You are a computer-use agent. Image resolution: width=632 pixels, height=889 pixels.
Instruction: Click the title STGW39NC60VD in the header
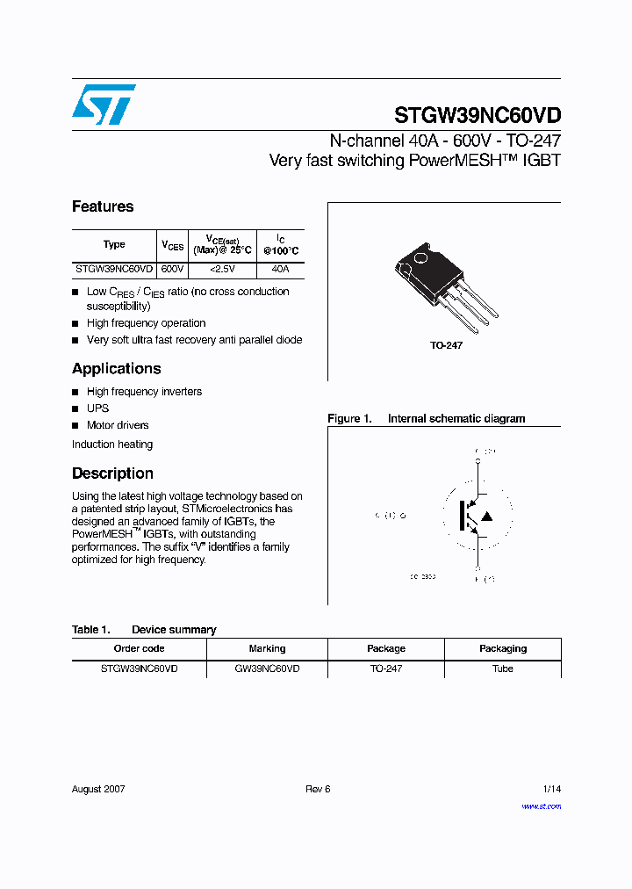point(477,115)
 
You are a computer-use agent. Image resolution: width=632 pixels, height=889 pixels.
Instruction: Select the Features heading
point(103,206)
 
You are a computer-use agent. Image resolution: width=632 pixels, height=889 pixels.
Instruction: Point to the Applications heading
point(116,369)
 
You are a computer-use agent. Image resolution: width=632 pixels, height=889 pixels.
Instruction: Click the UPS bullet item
point(97,408)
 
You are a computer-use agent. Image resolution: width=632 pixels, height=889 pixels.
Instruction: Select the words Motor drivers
point(118,425)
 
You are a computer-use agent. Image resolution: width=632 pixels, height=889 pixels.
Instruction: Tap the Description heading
point(112,473)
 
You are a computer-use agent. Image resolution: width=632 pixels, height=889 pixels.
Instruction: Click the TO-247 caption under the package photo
point(446,346)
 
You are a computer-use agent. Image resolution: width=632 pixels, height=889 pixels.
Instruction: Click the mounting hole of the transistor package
point(420,258)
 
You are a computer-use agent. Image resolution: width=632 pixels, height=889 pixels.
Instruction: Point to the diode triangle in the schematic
point(487,516)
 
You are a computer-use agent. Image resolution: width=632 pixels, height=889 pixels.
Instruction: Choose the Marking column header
point(267,648)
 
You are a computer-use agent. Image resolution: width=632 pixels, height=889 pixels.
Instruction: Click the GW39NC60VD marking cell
point(267,669)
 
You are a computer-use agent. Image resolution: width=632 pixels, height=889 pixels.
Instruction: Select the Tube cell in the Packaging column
point(503,669)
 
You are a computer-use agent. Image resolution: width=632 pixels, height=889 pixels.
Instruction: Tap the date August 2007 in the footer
point(98,789)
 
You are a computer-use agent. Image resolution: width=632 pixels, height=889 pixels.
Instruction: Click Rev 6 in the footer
point(318,789)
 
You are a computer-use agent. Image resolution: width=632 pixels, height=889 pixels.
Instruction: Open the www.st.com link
point(541,806)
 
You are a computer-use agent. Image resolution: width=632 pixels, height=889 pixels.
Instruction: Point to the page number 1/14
point(551,789)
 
